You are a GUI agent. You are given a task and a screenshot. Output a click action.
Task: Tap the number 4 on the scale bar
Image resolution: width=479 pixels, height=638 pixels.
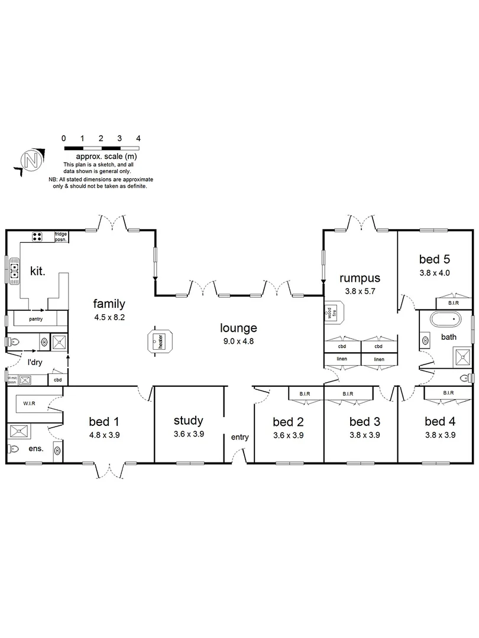tap(138, 138)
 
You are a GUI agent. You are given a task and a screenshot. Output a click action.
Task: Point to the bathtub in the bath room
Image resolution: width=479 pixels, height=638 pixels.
tap(445, 321)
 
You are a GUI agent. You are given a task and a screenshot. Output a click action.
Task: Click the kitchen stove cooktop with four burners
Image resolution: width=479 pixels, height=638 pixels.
tap(37, 237)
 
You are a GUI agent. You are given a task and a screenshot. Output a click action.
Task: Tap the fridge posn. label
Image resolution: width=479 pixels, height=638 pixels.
tap(61, 237)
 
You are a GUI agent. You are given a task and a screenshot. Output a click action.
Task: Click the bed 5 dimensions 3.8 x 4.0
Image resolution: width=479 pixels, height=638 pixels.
tap(435, 273)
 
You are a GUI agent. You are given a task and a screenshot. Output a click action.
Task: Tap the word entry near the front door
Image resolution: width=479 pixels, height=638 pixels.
tap(239, 438)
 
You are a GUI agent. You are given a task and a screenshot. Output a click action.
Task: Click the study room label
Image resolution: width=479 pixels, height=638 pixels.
tap(189, 421)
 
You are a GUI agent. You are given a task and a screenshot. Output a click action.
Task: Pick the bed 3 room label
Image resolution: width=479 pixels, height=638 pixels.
tap(364, 422)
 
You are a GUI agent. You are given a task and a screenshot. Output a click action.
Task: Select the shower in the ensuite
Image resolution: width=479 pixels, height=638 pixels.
tap(20, 431)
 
